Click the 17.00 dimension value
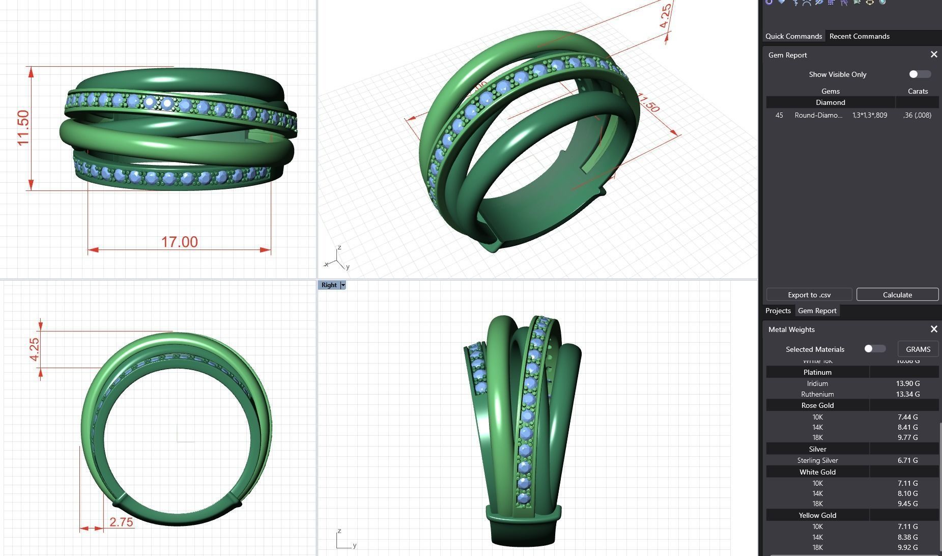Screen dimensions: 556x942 [x=179, y=242]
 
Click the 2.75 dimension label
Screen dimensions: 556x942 [x=121, y=522]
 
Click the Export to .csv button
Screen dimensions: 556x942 [x=809, y=295]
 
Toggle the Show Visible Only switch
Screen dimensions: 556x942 [x=920, y=74]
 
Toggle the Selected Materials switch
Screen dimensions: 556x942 [x=874, y=349]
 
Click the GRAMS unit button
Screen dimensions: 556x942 [x=918, y=349]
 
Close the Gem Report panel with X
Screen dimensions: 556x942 [x=933, y=54]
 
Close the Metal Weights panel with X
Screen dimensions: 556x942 [x=933, y=329]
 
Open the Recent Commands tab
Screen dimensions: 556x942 [x=859, y=36]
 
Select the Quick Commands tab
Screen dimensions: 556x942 [x=793, y=36]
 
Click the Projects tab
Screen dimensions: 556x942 [x=778, y=311]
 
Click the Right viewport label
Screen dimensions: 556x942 [x=329, y=285]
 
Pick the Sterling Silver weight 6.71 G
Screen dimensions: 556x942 [x=907, y=460]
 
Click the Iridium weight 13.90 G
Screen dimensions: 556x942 [x=907, y=383]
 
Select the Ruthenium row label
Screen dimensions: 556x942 [x=817, y=394]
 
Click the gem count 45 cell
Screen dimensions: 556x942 [x=779, y=115]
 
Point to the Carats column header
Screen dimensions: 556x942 [x=918, y=91]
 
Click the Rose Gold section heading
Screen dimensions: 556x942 [x=817, y=405]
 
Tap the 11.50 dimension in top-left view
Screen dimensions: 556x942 [x=23, y=127]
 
